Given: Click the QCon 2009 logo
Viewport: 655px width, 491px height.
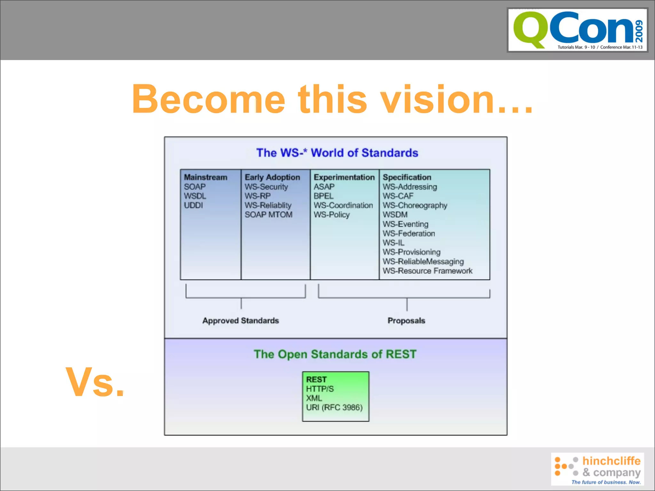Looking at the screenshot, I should point(577,30).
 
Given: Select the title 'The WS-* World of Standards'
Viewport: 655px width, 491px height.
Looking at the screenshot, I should point(337,153).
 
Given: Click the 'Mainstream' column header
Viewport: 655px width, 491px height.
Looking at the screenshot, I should point(205,177).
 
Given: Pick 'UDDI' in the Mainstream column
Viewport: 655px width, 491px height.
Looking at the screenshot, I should point(193,205).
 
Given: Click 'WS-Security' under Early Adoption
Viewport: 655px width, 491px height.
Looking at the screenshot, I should point(266,187).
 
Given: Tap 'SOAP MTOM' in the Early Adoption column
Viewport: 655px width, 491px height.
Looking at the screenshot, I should point(268,214).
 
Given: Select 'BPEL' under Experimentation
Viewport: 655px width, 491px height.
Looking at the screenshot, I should point(323,196).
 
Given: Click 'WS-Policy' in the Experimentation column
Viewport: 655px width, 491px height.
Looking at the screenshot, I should point(331,214).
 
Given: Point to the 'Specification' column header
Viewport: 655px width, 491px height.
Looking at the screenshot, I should point(407,177).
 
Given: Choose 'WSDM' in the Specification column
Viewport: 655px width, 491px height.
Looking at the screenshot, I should point(395,214).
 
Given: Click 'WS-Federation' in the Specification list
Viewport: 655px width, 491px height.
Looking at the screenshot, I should point(409,233).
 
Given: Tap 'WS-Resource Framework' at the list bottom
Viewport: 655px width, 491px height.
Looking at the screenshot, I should point(427,271).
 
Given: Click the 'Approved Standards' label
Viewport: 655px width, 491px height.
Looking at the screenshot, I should point(241,320).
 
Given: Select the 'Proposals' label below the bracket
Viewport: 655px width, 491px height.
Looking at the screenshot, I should point(406,320).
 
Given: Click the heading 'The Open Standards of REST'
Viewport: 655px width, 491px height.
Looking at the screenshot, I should point(335,354).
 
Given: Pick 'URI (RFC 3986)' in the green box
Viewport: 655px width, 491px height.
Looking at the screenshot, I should point(334,407).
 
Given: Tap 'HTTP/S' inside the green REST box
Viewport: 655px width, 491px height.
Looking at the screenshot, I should point(320,389).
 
